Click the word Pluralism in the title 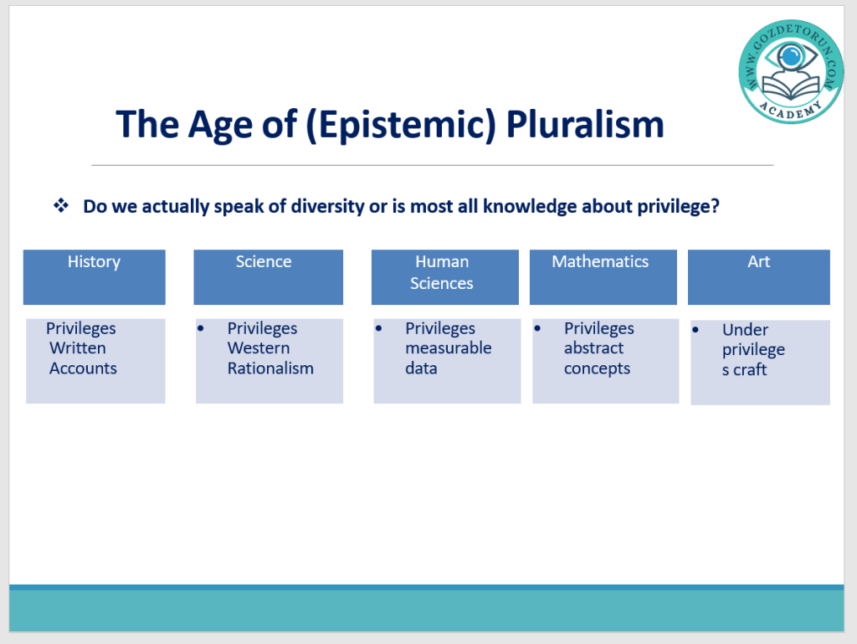(585, 124)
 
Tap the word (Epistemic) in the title (401, 125)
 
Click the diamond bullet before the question (60, 205)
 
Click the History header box (94, 277)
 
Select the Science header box (269, 277)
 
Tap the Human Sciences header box (445, 277)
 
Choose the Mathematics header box (603, 277)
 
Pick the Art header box (758, 277)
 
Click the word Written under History (78, 348)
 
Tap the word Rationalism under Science (270, 368)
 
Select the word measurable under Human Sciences (449, 348)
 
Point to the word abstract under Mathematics (593, 348)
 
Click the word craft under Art (750, 370)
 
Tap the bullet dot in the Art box (695, 330)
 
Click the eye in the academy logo (791, 55)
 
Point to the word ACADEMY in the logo (791, 110)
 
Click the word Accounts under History (83, 368)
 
